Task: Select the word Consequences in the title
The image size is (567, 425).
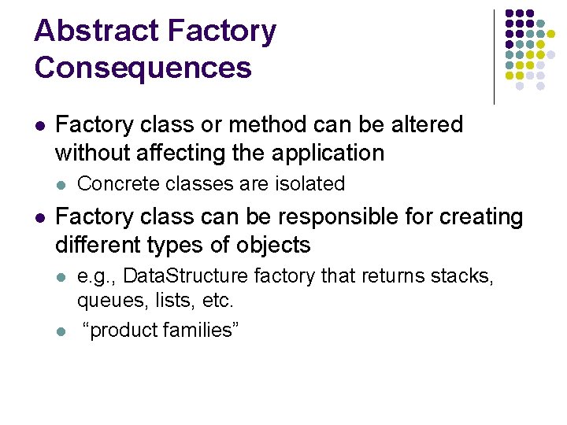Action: pos(143,68)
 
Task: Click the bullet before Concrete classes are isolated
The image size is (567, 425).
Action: pos(61,185)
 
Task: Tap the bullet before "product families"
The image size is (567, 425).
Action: pos(61,331)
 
